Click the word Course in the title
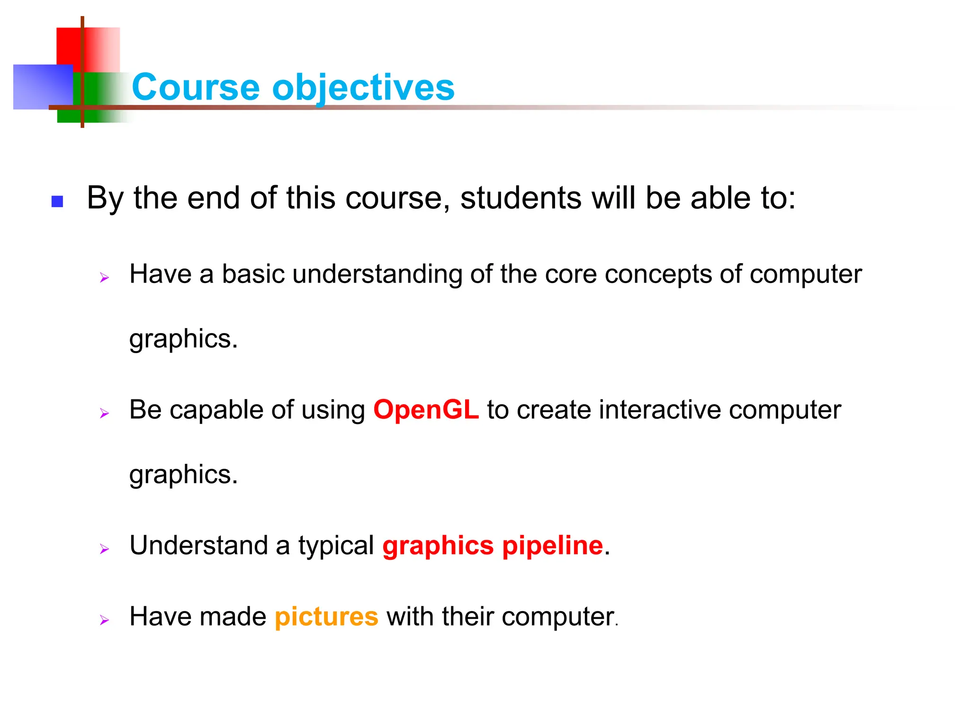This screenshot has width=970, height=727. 195,88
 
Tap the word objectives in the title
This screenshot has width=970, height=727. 363,89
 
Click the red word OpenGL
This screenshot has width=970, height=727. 426,410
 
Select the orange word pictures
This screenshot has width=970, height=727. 326,617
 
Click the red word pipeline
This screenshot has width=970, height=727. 552,546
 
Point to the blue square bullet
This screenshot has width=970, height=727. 57,202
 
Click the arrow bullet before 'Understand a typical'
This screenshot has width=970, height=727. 104,549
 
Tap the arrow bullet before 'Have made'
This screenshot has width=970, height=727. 104,620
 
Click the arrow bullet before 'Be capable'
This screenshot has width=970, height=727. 104,414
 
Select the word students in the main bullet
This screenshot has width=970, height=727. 521,198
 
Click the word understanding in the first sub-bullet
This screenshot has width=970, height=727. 377,275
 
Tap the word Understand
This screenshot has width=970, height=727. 199,545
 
